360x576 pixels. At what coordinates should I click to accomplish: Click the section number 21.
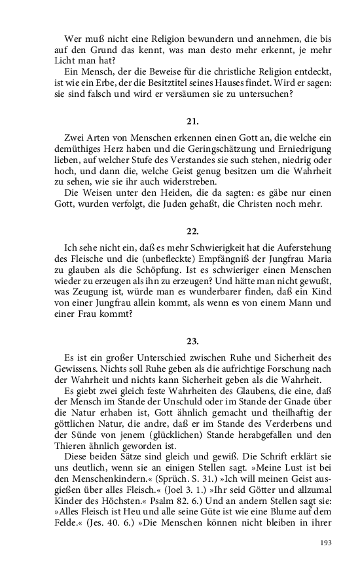click(x=192, y=121)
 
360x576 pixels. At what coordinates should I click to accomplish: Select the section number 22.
click(x=192, y=231)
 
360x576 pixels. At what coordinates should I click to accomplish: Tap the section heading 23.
click(x=192, y=341)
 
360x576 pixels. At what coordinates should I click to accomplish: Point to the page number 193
click(x=324, y=543)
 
